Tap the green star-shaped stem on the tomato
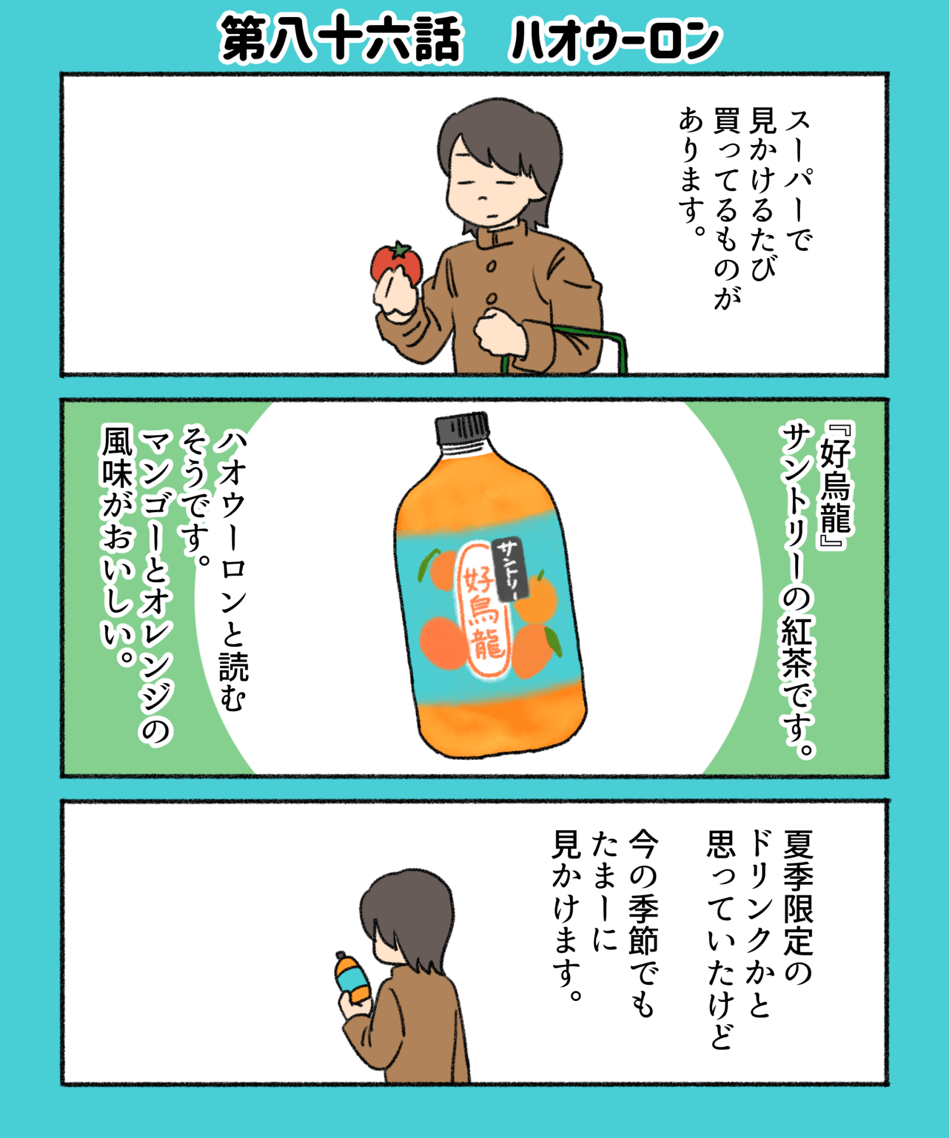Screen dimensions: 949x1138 click(x=400, y=249)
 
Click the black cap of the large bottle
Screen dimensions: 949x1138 click(x=462, y=428)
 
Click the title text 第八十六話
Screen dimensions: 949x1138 click(x=340, y=39)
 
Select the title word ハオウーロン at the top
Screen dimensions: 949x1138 click(x=614, y=40)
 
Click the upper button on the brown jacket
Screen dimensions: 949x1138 click(x=491, y=265)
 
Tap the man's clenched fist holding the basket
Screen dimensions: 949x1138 click(x=500, y=332)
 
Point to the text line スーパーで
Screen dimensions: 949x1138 click(x=798, y=180)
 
